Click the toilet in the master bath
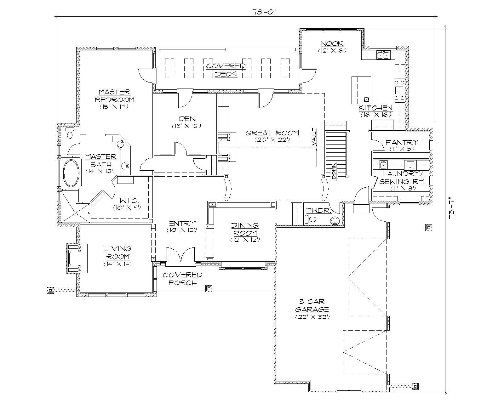[x=70, y=134]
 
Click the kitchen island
[x=361, y=90]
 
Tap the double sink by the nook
[x=383, y=55]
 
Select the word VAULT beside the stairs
[x=314, y=137]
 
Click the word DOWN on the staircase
[x=334, y=171]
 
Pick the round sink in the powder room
[x=335, y=221]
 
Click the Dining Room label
[x=245, y=229]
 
